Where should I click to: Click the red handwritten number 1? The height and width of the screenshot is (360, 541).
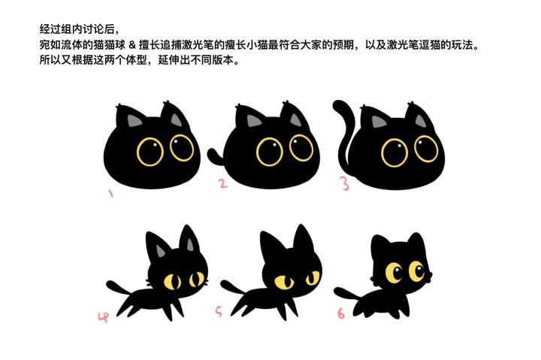coord(110,193)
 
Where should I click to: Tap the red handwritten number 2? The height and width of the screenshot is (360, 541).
coord(223,183)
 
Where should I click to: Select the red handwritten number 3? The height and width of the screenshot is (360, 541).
coord(346,183)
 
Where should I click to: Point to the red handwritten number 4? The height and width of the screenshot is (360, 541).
coord(103,317)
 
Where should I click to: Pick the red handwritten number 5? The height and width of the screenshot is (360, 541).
coord(219,312)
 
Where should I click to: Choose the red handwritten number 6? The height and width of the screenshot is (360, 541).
coord(341,313)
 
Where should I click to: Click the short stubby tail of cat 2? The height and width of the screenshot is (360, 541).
coord(216,157)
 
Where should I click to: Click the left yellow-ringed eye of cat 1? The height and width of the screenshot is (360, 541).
coord(150,152)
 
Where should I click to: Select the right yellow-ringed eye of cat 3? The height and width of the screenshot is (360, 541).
coord(426,149)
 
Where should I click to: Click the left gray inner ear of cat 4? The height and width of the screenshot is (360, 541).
coord(160,251)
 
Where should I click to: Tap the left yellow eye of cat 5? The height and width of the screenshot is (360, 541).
coord(284,283)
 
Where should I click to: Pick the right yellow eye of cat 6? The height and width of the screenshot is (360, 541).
coord(417,271)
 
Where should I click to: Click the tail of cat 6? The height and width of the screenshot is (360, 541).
coord(346,293)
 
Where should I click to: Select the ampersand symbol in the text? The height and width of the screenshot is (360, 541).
coord(131,45)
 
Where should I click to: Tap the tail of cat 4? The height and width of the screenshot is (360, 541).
coord(119,288)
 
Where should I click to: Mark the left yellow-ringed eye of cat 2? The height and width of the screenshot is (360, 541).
coord(270,152)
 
